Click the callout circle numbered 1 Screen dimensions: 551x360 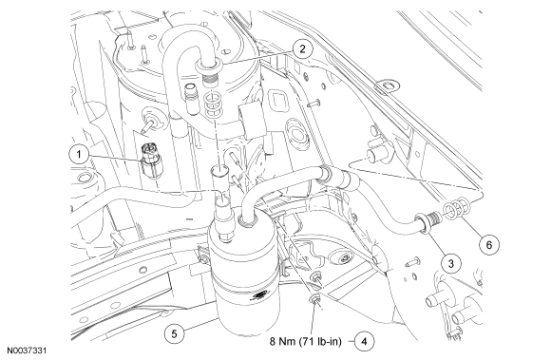pos(79,154)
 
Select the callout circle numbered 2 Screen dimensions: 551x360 pos(302,48)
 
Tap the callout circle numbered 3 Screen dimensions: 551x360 pos(451,263)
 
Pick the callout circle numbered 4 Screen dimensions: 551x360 pos(364,341)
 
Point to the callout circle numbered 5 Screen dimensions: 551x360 pos(175,333)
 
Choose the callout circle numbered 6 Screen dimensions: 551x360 pos(489,244)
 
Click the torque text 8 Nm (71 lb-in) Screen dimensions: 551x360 pos(305,341)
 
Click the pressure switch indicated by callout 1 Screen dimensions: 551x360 pos(150,160)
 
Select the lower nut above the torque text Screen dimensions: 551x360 pos(314,299)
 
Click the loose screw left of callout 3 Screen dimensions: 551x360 pos(412,262)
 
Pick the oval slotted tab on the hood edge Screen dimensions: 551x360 pos(388,86)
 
